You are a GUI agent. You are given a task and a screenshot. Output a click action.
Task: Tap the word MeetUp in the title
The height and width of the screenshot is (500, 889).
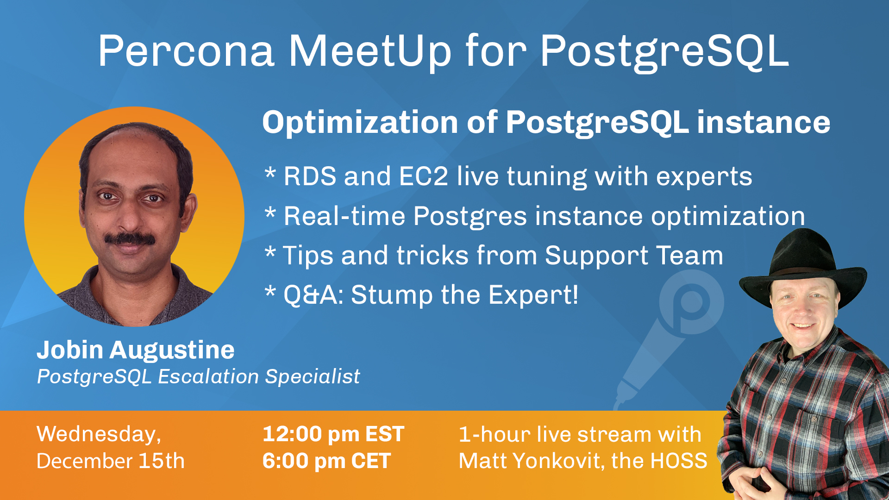[370, 52]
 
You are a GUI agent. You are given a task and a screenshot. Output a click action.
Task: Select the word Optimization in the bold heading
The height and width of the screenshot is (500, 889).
[360, 123]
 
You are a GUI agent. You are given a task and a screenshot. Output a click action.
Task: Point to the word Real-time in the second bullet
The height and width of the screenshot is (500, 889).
[344, 216]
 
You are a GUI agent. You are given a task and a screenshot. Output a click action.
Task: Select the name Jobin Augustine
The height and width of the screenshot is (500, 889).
[136, 350]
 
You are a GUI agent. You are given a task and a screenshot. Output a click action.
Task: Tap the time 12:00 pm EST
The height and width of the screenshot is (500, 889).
[333, 434]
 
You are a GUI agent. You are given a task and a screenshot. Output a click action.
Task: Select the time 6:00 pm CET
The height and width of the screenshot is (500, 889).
[327, 461]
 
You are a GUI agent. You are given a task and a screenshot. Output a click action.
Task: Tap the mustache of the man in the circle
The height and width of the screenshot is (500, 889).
[130, 239]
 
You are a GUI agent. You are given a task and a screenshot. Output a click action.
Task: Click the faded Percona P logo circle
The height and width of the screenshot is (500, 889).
[691, 302]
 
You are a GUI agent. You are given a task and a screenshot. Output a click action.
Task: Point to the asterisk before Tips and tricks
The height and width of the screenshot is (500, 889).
[270, 253]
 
